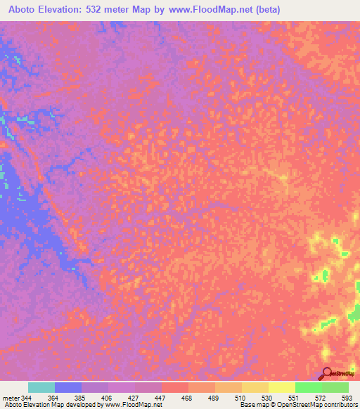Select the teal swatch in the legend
[41, 387]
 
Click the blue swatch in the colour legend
[68, 387]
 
